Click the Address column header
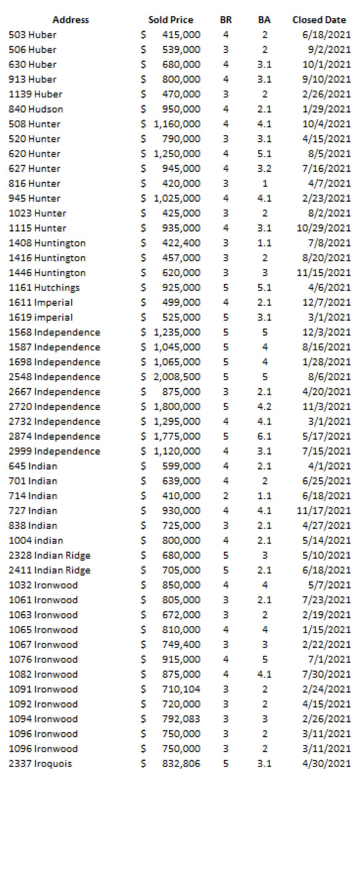(x=71, y=20)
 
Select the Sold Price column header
(x=170, y=20)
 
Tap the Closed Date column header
(x=319, y=20)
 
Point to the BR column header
(x=226, y=20)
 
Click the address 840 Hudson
(x=36, y=109)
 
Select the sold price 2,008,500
(x=177, y=377)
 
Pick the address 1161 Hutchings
(x=44, y=288)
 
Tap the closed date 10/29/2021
(x=323, y=228)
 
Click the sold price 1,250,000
(x=177, y=154)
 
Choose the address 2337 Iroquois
(x=40, y=764)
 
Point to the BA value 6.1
(x=264, y=436)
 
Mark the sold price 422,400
(x=181, y=243)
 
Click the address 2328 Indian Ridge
(x=49, y=555)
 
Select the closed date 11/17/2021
(x=323, y=511)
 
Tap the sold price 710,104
(x=181, y=689)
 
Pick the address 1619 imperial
(x=40, y=317)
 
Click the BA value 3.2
(x=264, y=169)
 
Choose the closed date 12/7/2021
(x=326, y=302)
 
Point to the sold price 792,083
(x=181, y=719)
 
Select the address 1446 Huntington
(x=47, y=273)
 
